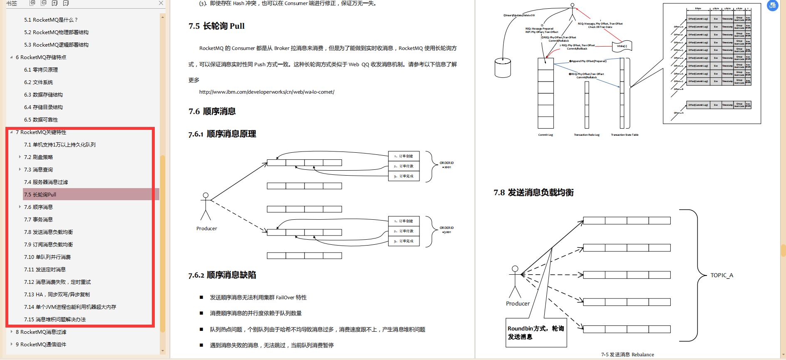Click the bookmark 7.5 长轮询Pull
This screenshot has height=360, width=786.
pyautogui.click(x=40, y=194)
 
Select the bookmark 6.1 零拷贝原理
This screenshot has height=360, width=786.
pyautogui.click(x=41, y=70)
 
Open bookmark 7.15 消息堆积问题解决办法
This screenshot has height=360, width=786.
pyautogui.click(x=55, y=319)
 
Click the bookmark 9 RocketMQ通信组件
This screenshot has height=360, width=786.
pyautogui.click(x=41, y=344)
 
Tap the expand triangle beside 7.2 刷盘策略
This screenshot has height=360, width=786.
pyautogui.click(x=20, y=157)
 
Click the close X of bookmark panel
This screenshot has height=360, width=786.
pyautogui.click(x=161, y=3)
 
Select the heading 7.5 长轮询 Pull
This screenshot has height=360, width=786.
pyautogui.click(x=216, y=26)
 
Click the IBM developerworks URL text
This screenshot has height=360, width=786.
pyautogui.click(x=267, y=92)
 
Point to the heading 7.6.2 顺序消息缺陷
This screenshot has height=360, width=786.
pyautogui.click(x=222, y=275)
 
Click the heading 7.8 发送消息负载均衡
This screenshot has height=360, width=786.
pyautogui.click(x=533, y=192)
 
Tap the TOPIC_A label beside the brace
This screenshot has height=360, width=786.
pyautogui.click(x=722, y=275)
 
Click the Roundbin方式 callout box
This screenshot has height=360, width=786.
pyautogui.click(x=536, y=333)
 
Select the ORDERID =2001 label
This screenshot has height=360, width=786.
pyautogui.click(x=446, y=165)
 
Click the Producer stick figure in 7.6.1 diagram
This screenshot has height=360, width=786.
pyautogui.click(x=206, y=206)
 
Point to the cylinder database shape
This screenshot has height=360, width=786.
pyautogui.click(x=503, y=67)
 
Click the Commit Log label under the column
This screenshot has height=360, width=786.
pyautogui.click(x=545, y=135)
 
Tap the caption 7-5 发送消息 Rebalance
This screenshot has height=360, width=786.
pyautogui.click(x=627, y=355)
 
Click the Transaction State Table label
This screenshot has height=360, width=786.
pyautogui.click(x=625, y=135)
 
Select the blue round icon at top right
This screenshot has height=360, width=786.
pyautogui.click(x=772, y=5)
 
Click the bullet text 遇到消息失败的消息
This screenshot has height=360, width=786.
pyautogui.click(x=271, y=345)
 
